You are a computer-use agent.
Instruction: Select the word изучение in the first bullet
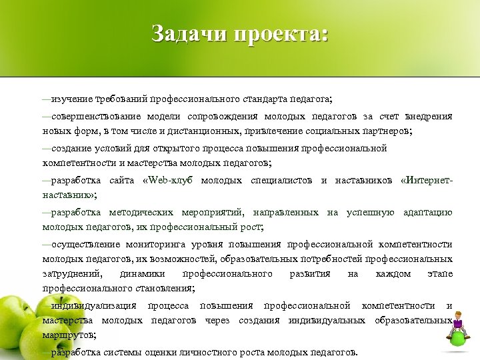(73, 99)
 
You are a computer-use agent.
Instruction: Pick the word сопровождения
(245, 117)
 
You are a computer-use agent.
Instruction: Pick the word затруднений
(73, 274)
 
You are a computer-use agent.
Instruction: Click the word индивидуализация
(93, 306)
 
